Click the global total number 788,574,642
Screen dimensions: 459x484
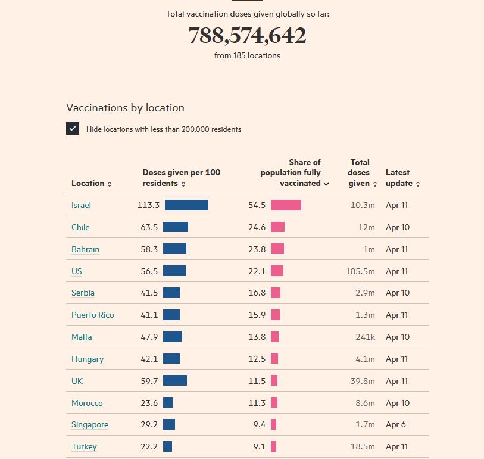pos(247,36)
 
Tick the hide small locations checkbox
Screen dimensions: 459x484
pos(73,129)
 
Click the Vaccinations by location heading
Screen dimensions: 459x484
pos(125,108)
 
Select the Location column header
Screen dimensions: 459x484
pos(91,184)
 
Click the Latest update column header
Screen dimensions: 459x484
pos(402,178)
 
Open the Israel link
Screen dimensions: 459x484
pos(81,205)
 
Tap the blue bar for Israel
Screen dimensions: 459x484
pos(186,205)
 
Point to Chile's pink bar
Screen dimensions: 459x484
pos(277,227)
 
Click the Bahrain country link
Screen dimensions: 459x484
pos(85,249)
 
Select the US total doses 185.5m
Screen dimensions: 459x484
pos(360,271)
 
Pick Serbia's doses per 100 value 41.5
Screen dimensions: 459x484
pos(149,293)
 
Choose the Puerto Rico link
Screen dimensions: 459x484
pos(92,315)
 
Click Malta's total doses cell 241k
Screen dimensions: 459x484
pos(365,337)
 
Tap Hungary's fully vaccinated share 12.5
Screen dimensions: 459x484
pos(257,359)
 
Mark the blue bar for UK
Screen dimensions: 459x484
pos(175,380)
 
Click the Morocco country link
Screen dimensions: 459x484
pos(87,403)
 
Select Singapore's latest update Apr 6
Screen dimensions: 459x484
pos(395,425)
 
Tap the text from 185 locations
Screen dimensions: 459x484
pos(247,55)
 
